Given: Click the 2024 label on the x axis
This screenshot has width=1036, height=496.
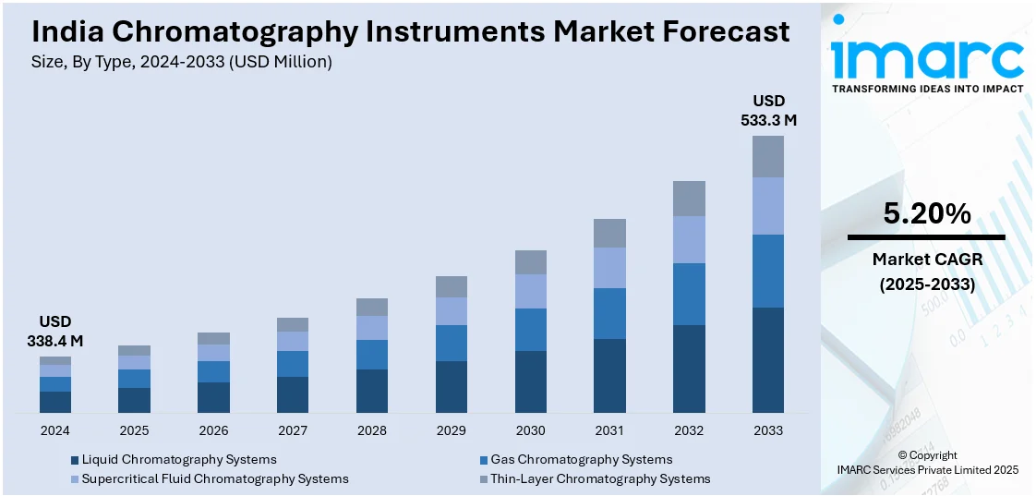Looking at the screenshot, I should [54, 430].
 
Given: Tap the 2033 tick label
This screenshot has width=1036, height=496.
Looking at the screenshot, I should [767, 430].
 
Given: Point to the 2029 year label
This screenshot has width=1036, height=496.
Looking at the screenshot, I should [452, 430].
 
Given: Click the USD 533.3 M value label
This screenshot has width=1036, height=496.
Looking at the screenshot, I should [768, 110].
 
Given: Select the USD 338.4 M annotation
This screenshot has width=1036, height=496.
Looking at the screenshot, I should [55, 332].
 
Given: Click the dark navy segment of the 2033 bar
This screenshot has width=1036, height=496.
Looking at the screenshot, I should [768, 359].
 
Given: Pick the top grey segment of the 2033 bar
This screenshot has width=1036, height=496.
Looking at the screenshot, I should [768, 156].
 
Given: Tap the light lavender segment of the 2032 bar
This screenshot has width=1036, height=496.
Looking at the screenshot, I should [689, 239].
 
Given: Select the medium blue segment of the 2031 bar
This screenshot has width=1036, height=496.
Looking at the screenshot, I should [609, 313].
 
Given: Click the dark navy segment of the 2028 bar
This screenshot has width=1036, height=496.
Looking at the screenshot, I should [372, 391].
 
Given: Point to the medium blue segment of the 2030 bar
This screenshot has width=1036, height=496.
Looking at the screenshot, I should [531, 330].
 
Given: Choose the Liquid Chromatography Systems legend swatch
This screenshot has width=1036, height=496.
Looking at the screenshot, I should [75, 460].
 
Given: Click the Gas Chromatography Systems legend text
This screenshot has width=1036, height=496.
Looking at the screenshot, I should [581, 459].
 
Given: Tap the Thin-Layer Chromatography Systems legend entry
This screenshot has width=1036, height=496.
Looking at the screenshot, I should [600, 478].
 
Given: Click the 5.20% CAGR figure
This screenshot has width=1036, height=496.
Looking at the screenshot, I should [926, 214].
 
